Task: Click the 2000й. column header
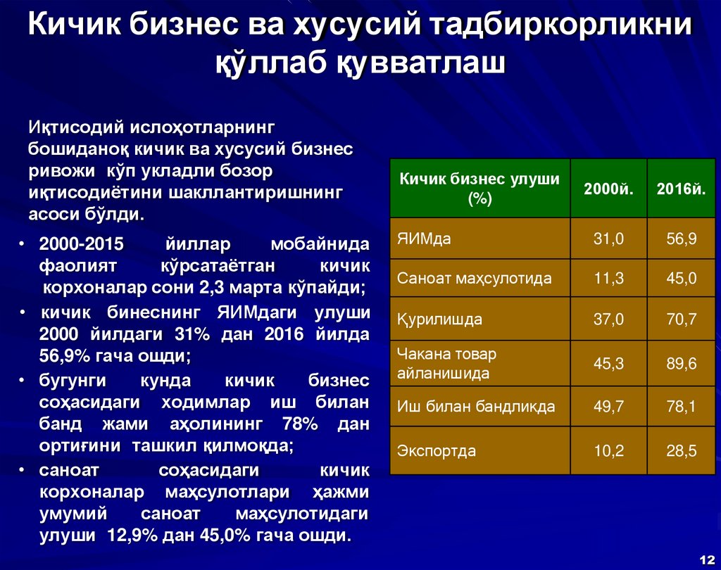(609, 189)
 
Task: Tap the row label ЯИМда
(424, 239)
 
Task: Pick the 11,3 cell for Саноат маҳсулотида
(609, 279)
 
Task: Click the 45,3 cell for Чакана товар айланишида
(609, 363)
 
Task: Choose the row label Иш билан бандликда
(476, 407)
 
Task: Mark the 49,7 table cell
(609, 407)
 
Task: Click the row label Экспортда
(437, 451)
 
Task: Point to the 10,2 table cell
(609, 451)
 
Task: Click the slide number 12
(707, 557)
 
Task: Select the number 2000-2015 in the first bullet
(82, 244)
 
